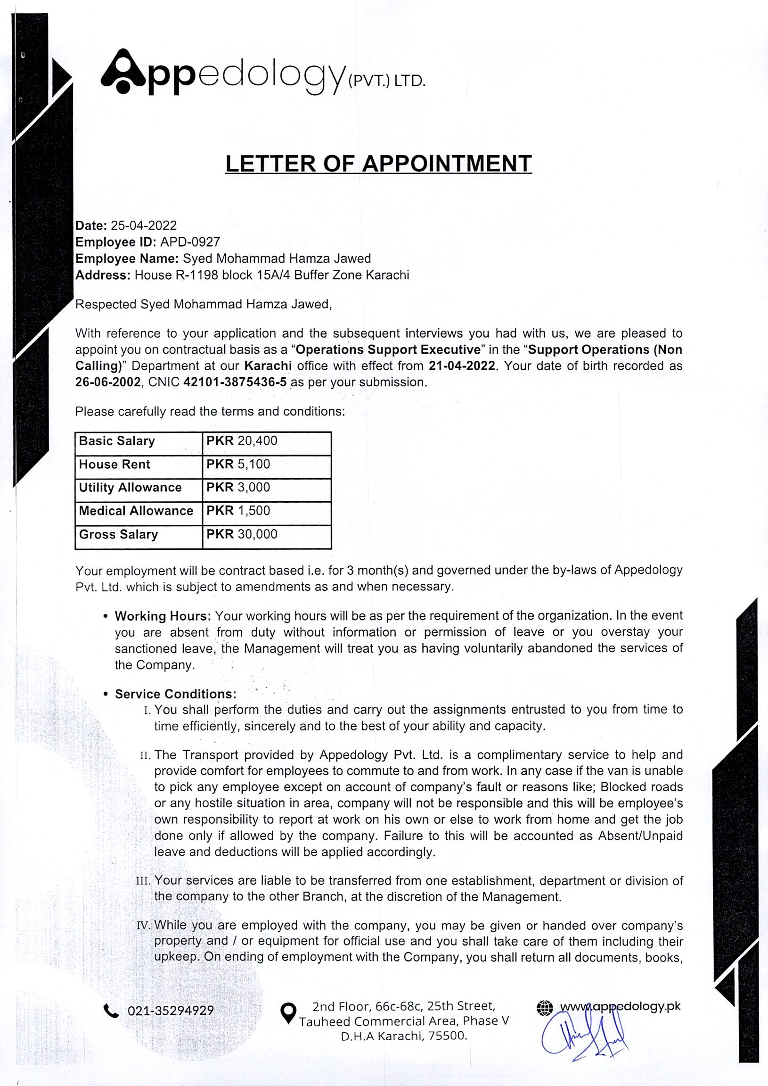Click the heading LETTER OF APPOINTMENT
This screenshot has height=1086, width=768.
[x=378, y=164]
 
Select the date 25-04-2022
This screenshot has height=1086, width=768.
[x=144, y=226]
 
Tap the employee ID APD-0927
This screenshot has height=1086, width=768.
[x=190, y=242]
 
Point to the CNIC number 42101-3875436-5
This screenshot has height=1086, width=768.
[x=235, y=382]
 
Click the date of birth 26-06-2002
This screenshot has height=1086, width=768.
[x=108, y=382]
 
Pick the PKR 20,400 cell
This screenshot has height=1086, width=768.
[x=266, y=441]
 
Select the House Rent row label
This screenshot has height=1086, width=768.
[x=114, y=464]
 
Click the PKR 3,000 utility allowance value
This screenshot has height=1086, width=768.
[x=266, y=488]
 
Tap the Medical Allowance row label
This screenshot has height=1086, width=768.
[x=136, y=511]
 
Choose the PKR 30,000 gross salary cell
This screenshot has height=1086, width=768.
[x=266, y=534]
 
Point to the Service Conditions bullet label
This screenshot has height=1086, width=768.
[x=175, y=694]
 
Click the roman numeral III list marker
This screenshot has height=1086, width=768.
[x=143, y=881]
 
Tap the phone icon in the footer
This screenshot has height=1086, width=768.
[x=111, y=1011]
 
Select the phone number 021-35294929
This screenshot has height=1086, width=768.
[x=171, y=1011]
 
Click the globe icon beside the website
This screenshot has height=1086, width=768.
[x=545, y=1008]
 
